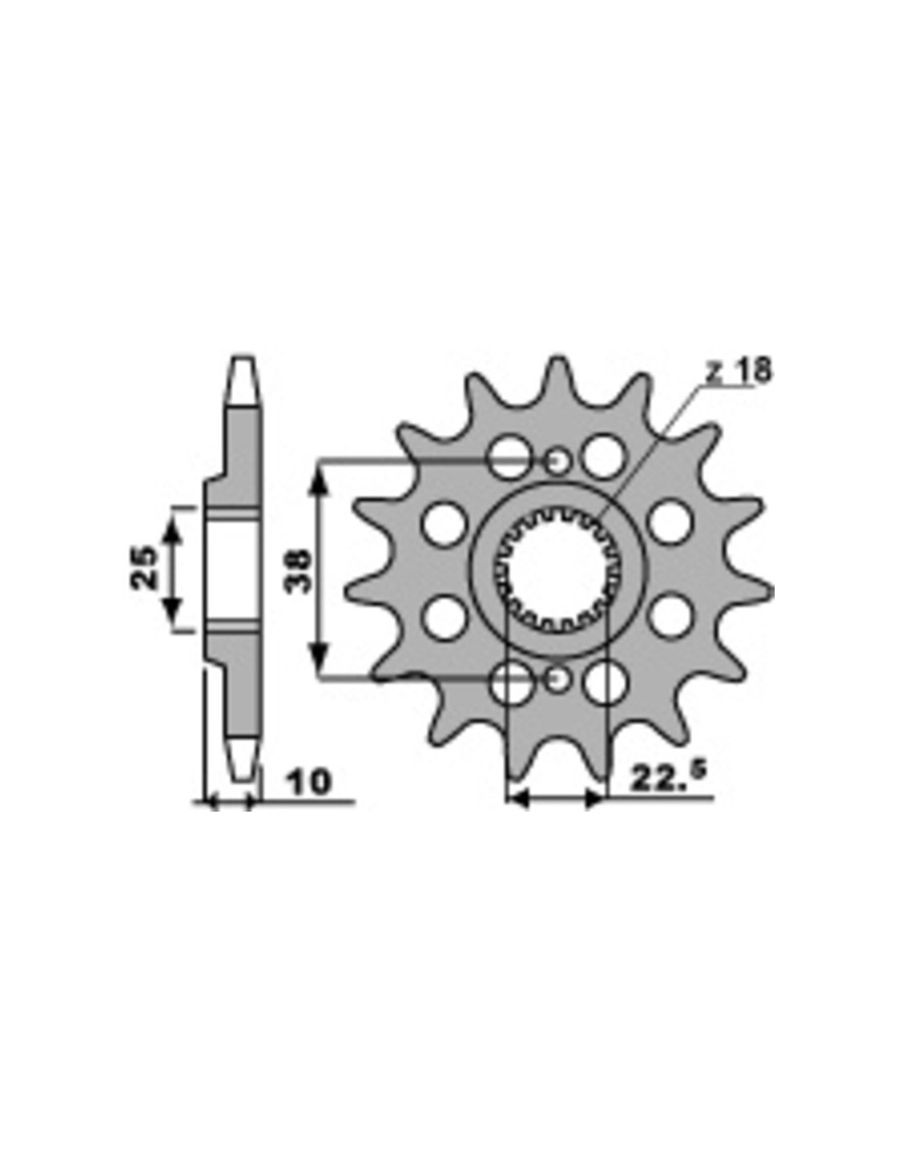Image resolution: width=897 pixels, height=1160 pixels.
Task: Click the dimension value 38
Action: point(298,571)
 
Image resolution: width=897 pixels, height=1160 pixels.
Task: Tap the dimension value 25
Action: point(144,567)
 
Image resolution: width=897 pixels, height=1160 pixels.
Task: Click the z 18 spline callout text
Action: point(738,370)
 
